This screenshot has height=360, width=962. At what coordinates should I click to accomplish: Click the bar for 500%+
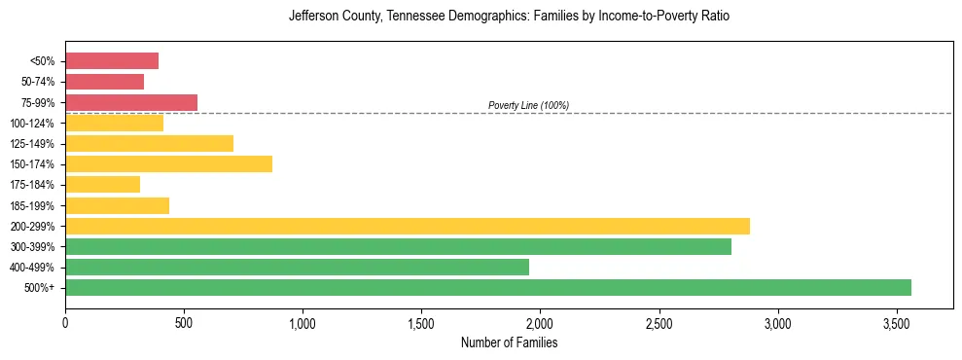coord(487,287)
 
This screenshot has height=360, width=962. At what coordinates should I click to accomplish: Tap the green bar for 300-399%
coord(398,246)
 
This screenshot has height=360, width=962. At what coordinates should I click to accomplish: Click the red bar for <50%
coord(112,61)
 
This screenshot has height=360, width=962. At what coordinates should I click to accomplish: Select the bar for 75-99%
coord(131,102)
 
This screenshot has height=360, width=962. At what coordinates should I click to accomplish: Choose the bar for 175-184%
coord(102,184)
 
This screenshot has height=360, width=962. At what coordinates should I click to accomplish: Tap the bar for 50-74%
coord(104,82)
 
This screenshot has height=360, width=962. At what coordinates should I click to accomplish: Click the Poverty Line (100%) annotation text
coord(528,105)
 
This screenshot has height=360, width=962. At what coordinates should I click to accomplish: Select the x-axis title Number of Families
coord(509,342)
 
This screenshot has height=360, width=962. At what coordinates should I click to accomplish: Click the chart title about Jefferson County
coord(509,17)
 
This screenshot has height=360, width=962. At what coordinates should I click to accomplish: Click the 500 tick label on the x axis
coord(184,323)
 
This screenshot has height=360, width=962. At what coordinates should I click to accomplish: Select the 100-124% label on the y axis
coord(32,124)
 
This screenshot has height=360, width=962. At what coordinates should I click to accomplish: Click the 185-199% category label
coord(32,205)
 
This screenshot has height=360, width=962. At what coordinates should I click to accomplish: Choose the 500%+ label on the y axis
coord(39,288)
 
